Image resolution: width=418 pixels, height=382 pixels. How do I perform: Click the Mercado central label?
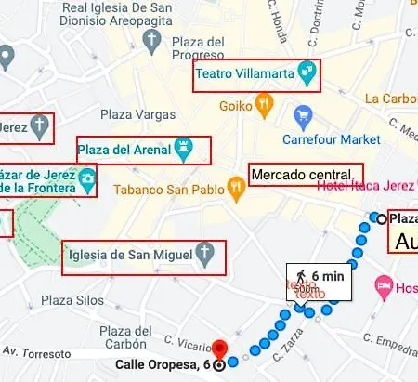click(300, 175)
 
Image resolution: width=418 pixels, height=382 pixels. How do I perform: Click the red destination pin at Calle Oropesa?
click(219, 351)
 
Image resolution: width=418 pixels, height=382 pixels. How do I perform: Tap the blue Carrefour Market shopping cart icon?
click(303, 116)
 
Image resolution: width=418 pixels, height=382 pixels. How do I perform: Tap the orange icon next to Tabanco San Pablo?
click(238, 189)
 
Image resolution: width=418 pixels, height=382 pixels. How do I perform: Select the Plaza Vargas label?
click(137, 114)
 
